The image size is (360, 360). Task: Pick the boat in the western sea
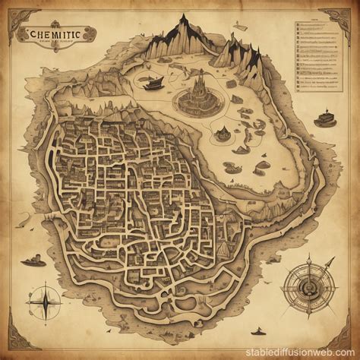[34, 261]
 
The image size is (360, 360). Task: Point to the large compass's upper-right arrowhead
[331, 261]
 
